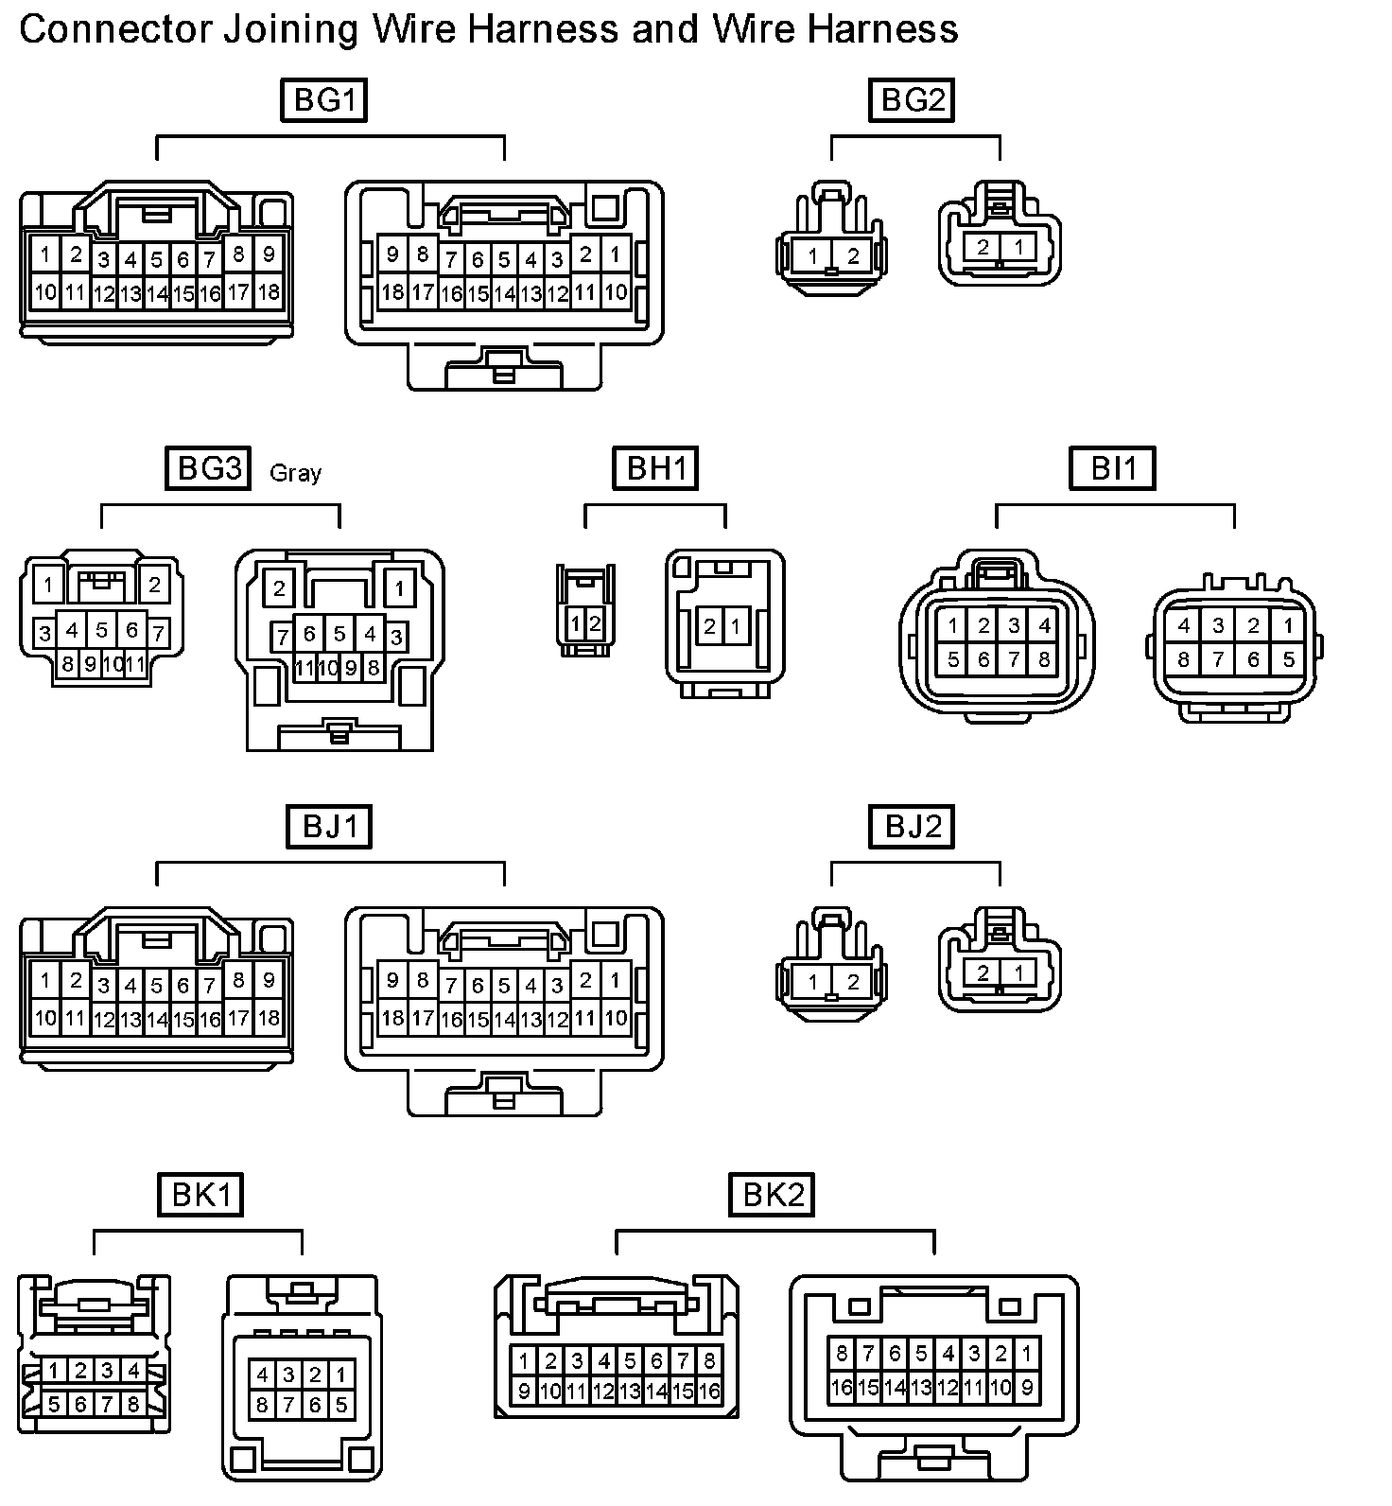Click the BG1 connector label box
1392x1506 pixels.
tap(323, 100)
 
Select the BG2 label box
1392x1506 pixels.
tap(912, 100)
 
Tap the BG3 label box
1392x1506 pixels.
tap(208, 468)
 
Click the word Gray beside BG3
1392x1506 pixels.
tap(295, 472)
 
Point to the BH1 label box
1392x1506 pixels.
tap(655, 468)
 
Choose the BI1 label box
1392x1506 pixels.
tap(1113, 468)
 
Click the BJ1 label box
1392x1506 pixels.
tap(329, 827)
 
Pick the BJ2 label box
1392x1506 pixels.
tap(912, 827)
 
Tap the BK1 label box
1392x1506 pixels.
tap(200, 1195)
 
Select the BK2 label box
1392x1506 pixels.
tap(772, 1195)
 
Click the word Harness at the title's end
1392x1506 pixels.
tap(882, 29)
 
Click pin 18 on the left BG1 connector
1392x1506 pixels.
tap(269, 291)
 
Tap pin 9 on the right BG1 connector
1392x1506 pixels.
tap(392, 254)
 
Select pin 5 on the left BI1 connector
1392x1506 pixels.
tap(953, 659)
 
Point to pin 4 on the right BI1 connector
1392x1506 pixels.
tap(1183, 625)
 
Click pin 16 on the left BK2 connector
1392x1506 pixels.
tap(709, 1391)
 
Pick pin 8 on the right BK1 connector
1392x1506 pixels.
tap(262, 1405)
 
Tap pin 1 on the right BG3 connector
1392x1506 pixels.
tap(399, 588)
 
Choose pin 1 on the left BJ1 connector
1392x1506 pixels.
tap(44, 980)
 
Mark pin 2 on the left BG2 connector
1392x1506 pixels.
tap(852, 255)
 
